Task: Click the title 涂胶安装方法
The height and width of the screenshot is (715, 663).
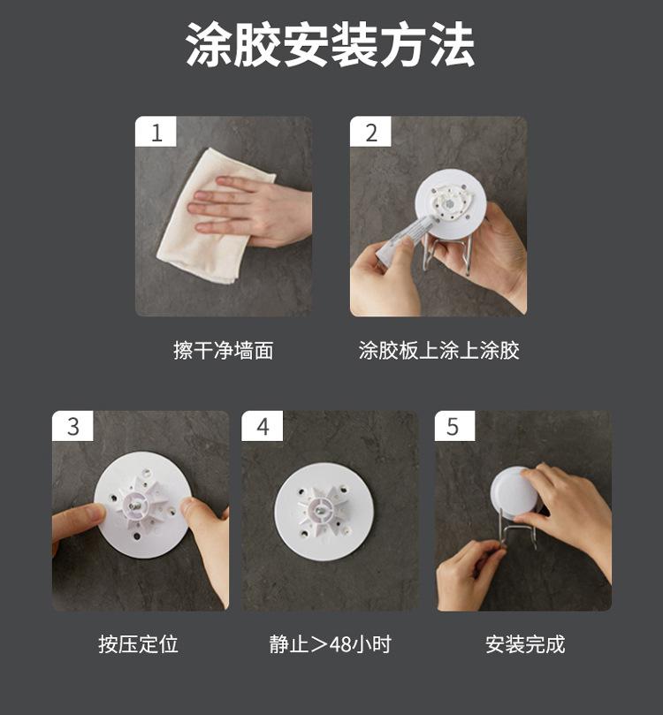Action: (330, 45)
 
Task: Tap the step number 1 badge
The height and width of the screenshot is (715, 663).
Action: (156, 132)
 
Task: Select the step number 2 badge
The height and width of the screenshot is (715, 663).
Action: (370, 132)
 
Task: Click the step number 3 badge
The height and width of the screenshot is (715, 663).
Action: (72, 426)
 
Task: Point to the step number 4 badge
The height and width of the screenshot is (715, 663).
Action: (263, 426)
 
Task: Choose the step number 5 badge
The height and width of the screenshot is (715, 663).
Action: (454, 426)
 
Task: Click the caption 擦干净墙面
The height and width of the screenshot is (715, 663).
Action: (224, 350)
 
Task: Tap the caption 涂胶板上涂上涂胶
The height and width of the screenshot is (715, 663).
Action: (438, 350)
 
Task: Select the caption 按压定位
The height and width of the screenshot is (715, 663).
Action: (138, 644)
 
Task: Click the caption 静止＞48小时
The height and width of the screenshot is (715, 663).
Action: (330, 644)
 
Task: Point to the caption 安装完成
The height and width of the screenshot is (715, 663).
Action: (525, 644)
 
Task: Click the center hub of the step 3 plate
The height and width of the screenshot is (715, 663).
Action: (136, 505)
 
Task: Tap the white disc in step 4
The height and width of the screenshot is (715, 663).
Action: (324, 512)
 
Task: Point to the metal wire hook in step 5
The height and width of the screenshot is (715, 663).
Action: (517, 529)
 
